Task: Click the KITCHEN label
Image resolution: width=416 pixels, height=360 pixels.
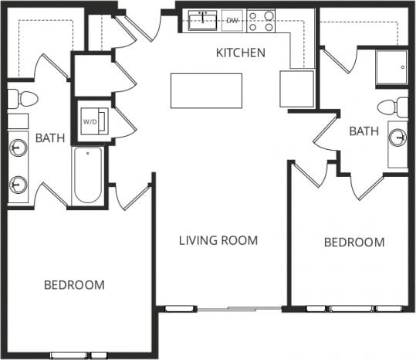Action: (240, 53)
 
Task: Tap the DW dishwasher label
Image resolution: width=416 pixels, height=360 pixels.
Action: (232, 20)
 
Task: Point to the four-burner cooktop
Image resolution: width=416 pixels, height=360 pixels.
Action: (262, 20)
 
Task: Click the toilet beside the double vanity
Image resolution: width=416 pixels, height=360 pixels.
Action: (22, 99)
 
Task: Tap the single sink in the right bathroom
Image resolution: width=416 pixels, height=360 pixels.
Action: (397, 138)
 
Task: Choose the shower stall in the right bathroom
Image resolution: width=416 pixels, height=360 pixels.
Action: (391, 67)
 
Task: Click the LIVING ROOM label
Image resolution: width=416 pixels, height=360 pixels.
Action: (218, 240)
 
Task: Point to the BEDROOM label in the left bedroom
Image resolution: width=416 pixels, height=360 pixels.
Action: (73, 285)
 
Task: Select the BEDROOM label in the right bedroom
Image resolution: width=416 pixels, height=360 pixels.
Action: (353, 243)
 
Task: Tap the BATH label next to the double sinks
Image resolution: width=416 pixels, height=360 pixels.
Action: (50, 138)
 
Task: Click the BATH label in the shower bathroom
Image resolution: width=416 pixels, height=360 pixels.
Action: (364, 131)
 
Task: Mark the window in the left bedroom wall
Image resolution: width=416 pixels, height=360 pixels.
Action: (79, 355)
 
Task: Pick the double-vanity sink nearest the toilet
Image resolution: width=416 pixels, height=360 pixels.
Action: (19, 148)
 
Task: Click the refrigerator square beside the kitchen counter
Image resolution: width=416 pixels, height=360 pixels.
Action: (296, 88)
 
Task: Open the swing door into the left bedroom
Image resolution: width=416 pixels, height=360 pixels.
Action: (131, 197)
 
